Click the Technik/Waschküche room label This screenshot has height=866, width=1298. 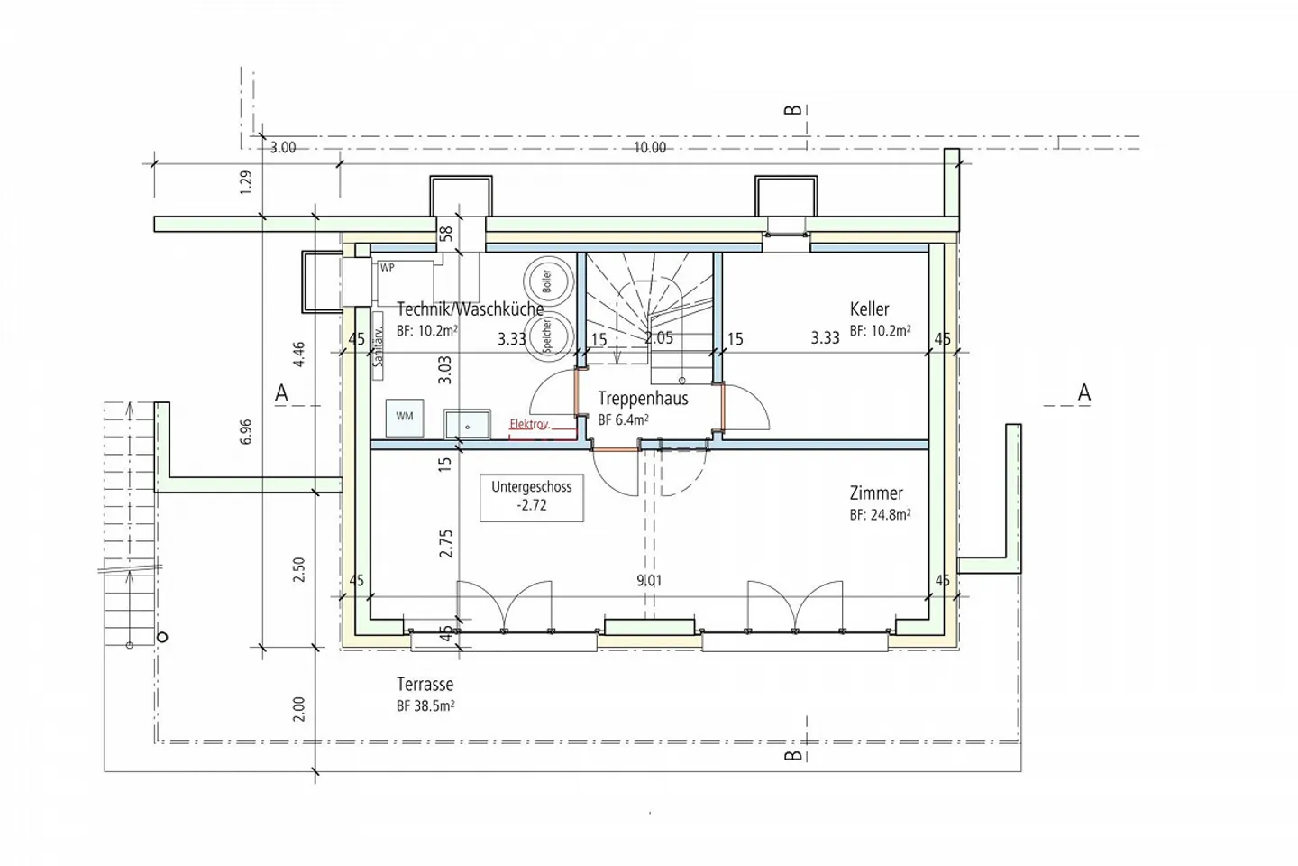point(470,309)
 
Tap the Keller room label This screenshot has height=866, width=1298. point(869,309)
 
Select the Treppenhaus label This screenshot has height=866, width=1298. point(643,399)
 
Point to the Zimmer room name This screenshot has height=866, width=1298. point(876,493)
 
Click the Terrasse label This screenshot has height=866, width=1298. point(425,685)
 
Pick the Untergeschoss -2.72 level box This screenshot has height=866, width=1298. point(531,496)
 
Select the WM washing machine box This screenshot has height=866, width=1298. point(404,417)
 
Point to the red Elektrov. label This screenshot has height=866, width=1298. point(529,424)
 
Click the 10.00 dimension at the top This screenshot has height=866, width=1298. point(649,148)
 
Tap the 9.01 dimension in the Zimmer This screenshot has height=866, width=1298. point(649,581)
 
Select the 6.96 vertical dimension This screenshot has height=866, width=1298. point(246,432)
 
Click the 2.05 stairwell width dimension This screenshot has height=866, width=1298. point(659,338)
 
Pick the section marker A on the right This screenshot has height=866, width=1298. point(1084,393)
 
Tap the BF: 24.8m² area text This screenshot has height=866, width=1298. point(880,515)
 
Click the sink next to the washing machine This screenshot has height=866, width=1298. point(467,424)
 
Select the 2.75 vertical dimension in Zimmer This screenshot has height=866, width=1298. point(445,543)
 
